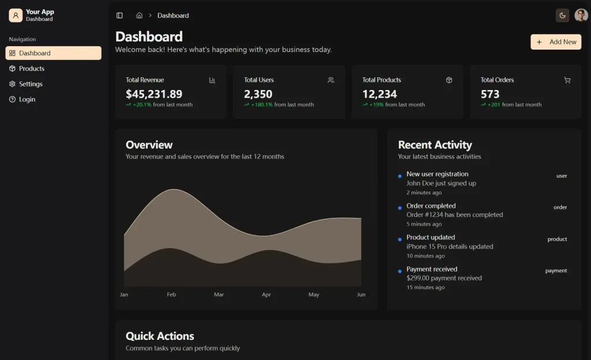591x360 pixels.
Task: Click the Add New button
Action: click(556, 42)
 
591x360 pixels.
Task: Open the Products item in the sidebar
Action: click(32, 69)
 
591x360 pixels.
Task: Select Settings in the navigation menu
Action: click(31, 84)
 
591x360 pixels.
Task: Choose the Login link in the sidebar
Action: click(27, 100)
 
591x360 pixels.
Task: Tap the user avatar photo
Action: click(581, 16)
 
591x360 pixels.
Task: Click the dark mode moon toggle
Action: click(562, 16)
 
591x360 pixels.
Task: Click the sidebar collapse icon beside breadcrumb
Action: click(119, 16)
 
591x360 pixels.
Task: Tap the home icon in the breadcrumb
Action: click(139, 16)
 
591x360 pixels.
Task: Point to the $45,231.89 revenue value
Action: click(154, 94)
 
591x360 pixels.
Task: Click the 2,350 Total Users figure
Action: click(258, 94)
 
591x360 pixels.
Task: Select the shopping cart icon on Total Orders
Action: click(567, 80)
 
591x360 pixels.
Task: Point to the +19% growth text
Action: click(376, 105)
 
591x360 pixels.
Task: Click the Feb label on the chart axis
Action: click(171, 295)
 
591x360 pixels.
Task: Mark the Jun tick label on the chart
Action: click(361, 295)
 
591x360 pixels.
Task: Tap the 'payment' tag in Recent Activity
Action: click(556, 271)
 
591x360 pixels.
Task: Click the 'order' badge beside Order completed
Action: click(560, 207)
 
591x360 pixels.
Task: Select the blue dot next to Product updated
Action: click(399, 239)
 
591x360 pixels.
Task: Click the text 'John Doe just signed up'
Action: click(441, 183)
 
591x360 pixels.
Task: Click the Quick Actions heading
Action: click(160, 336)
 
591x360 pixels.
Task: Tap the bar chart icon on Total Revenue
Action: click(212, 80)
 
